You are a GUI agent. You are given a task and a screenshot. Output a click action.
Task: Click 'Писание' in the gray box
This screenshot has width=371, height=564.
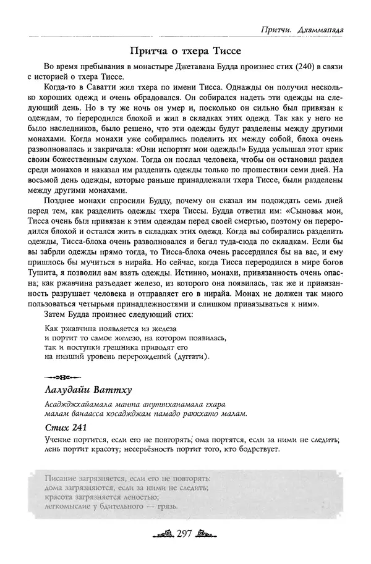(62, 478)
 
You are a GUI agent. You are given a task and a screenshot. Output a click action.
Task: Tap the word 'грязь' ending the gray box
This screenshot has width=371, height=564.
(163, 509)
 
